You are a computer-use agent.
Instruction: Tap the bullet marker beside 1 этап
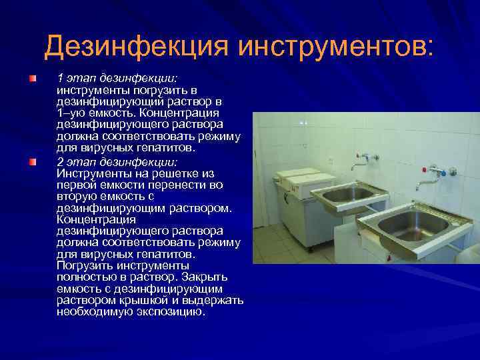(x=32, y=79)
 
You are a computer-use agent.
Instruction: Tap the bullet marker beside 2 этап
(x=32, y=162)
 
